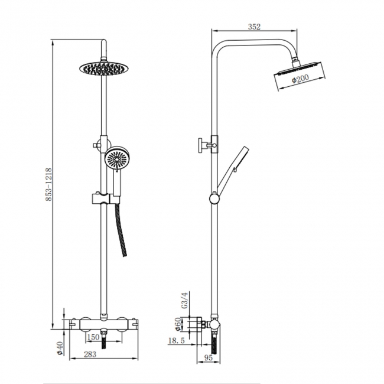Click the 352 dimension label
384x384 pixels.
(255, 26)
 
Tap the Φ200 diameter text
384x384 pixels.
(301, 80)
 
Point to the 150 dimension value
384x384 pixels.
(93, 337)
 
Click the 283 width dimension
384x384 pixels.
(91, 354)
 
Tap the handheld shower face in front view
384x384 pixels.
(116, 158)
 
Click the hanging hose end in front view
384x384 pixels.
(124, 252)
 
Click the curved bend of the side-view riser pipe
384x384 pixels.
(222, 46)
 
